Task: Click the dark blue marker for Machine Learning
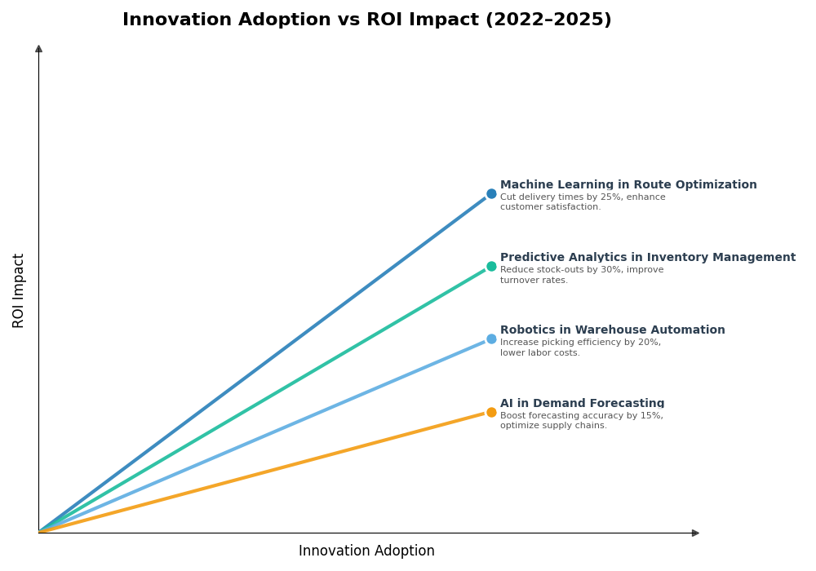(491, 194)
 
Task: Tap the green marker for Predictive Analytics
(491, 267)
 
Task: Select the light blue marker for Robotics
(491, 339)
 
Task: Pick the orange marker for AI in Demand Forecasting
(491, 413)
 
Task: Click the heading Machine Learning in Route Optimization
(628, 185)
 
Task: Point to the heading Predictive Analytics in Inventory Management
(647, 258)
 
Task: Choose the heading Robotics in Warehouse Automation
(612, 330)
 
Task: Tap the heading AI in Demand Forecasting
(582, 404)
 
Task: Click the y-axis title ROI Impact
(19, 290)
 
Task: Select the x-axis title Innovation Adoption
(366, 551)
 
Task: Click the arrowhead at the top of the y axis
(38, 49)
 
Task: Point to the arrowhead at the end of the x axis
(695, 533)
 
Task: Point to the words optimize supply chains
(553, 426)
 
